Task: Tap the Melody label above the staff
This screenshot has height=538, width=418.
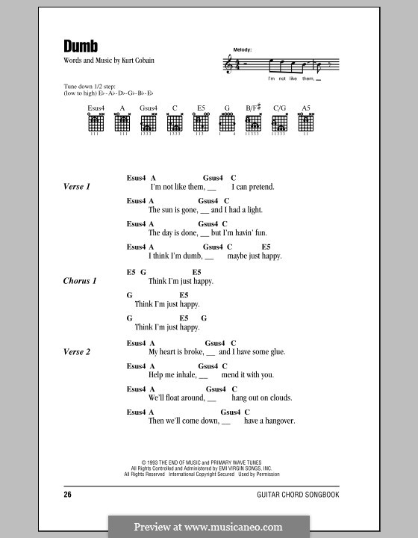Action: coord(242,49)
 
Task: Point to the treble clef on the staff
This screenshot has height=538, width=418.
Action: coord(228,67)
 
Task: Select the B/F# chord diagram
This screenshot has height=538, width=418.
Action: coord(253,124)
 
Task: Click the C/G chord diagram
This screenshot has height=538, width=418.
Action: coord(280,124)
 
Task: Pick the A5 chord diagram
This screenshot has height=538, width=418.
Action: coord(306,124)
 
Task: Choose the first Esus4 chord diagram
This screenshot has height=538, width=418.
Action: coord(96,124)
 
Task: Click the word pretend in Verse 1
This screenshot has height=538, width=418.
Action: coord(261,187)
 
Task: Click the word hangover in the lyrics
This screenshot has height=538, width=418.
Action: coord(279,421)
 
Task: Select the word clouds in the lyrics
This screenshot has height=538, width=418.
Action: coord(281,398)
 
